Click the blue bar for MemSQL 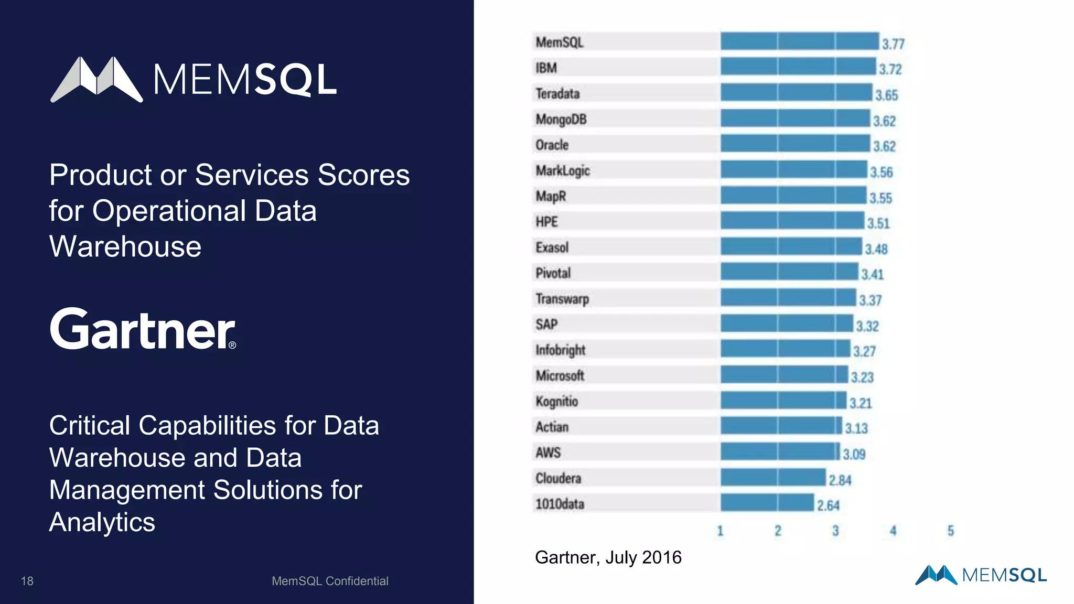click(x=799, y=41)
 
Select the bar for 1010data click(x=767, y=502)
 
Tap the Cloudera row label click(x=558, y=478)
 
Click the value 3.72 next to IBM click(x=890, y=69)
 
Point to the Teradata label click(x=557, y=94)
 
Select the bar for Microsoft click(x=783, y=375)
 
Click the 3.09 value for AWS click(x=854, y=454)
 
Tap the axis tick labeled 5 click(x=950, y=531)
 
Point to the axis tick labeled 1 click(x=720, y=531)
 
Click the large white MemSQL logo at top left click(x=193, y=80)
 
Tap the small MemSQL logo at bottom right click(x=981, y=575)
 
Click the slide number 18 click(x=27, y=581)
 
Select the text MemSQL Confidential click(x=330, y=581)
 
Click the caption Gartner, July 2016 click(x=608, y=557)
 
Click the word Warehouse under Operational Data click(x=125, y=246)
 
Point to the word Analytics click(x=102, y=522)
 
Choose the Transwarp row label click(x=562, y=299)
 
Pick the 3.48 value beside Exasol click(x=876, y=249)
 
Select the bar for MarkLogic click(x=793, y=169)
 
